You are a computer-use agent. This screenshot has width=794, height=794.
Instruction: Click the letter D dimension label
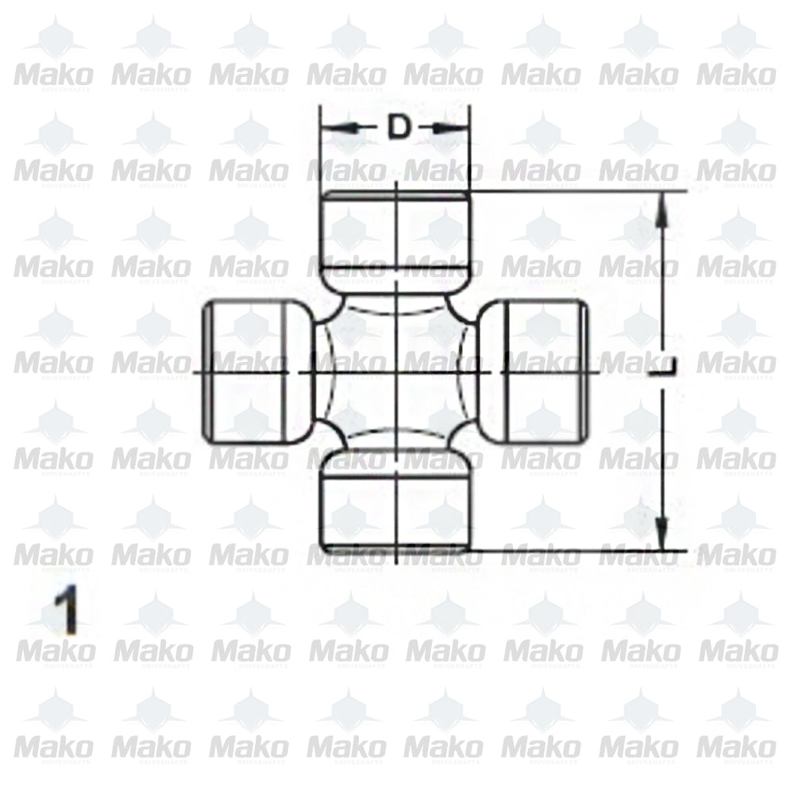[x=399, y=127]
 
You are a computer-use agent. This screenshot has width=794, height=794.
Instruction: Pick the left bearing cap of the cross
[x=250, y=371]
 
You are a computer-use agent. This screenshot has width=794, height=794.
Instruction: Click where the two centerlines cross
[x=395, y=371]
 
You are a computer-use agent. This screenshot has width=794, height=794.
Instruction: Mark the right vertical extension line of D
[x=470, y=151]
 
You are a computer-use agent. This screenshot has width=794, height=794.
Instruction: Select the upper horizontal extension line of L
[x=580, y=191]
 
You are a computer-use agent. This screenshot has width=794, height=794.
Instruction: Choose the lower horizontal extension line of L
[x=580, y=549]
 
